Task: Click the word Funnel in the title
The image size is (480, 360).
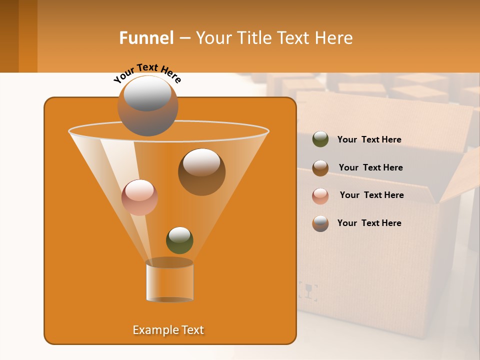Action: coord(146,38)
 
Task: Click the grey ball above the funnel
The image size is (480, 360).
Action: coord(147,105)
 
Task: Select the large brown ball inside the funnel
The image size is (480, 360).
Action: coord(201,171)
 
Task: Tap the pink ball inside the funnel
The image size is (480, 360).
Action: coord(139,197)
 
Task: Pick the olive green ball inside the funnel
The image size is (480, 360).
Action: coord(179,240)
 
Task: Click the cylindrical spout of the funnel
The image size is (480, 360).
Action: coord(169,281)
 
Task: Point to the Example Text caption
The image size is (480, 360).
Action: coord(168,330)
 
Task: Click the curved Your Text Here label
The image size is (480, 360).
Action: coord(147,72)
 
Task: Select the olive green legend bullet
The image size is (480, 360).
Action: coord(320,139)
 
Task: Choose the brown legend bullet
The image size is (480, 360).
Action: coord(320,168)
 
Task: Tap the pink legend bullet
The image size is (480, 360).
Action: coord(320,196)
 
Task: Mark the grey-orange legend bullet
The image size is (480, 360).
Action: coord(320,223)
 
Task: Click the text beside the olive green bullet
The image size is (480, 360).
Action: coord(369,140)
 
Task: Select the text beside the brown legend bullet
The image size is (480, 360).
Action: coord(370,168)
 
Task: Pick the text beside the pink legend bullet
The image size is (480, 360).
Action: coord(371,195)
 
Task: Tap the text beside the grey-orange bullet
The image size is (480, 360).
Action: coord(369,223)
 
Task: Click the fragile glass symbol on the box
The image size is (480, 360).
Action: coord(308,291)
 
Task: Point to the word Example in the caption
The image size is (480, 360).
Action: coord(152,330)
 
